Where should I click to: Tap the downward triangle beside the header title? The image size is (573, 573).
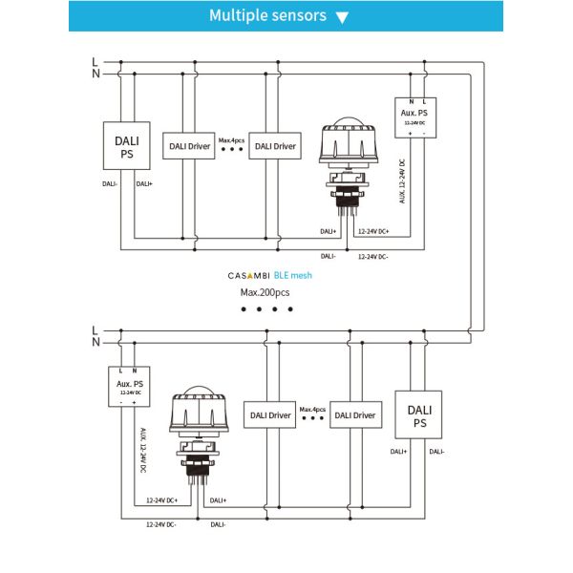click(343, 17)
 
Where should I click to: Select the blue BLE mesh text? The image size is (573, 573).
click(292, 275)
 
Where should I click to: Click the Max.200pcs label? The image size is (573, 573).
click(265, 292)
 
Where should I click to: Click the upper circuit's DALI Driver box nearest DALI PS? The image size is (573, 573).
click(188, 147)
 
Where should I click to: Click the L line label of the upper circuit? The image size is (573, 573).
click(94, 62)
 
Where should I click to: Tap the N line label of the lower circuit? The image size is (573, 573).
click(94, 341)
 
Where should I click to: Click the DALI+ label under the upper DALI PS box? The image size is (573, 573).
click(144, 183)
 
